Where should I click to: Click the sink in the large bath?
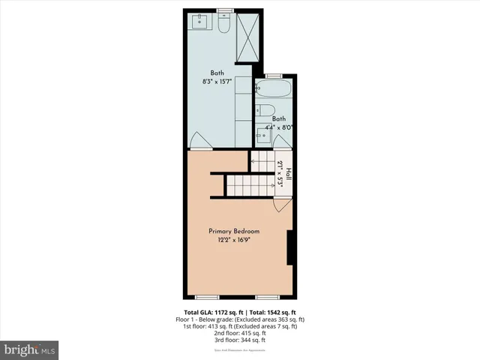[x=200, y=21]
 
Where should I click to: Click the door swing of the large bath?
[x=196, y=140]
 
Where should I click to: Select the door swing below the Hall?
[x=280, y=204]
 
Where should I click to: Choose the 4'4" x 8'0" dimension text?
[x=278, y=127]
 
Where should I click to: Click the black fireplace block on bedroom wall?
[x=290, y=247]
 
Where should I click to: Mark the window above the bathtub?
[x=273, y=75]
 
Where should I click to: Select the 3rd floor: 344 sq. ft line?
[x=240, y=340]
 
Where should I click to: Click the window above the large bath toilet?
[x=224, y=10]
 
